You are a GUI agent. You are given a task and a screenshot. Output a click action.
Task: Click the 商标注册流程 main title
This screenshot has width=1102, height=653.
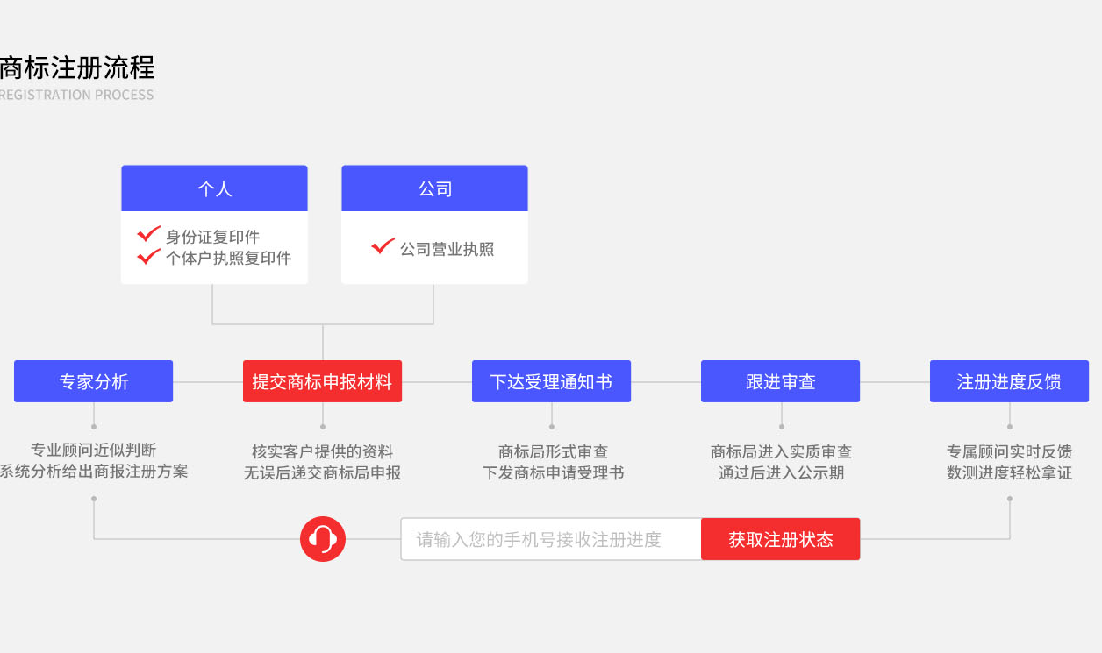coord(77,67)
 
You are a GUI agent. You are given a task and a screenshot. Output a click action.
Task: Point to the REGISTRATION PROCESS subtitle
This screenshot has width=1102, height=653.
coord(76,95)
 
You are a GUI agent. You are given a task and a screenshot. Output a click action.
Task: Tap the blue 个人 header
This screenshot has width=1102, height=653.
coord(214,188)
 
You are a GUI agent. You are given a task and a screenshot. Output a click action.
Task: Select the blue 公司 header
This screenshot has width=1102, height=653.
coord(435,188)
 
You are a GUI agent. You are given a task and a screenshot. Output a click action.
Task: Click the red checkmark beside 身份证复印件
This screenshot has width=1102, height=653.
coord(148,234)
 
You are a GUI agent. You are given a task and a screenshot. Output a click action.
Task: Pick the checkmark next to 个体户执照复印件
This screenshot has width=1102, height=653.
coord(148,256)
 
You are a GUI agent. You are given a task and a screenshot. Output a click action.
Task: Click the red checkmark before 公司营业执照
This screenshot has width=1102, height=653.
coord(383,245)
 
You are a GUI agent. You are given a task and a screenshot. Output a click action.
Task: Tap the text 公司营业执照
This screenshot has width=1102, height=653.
coord(447,249)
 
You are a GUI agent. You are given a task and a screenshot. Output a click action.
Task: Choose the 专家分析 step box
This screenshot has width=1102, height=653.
coord(94,381)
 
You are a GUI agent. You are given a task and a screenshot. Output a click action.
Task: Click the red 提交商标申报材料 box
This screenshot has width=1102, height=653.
coord(322,381)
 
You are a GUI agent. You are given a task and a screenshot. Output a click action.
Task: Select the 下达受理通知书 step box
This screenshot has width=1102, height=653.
coord(552,381)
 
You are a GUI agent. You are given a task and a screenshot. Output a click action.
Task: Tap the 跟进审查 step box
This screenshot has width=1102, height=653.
coord(780,381)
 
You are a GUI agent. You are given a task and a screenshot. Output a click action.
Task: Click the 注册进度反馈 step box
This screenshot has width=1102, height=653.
coord(1010,381)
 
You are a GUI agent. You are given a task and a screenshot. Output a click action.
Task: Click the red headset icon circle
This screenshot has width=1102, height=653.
coord(323,539)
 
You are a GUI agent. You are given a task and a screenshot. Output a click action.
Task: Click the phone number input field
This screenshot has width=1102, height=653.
coord(551,539)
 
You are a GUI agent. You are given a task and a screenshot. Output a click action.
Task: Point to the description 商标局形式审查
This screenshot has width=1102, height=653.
coord(553,451)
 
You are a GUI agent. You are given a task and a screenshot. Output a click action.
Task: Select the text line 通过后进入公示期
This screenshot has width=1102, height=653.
coord(781,472)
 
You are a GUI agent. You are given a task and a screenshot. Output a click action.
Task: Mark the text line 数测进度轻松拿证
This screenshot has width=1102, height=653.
coord(1010,472)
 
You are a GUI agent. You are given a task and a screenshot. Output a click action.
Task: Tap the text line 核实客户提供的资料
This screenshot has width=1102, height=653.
coord(322,451)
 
